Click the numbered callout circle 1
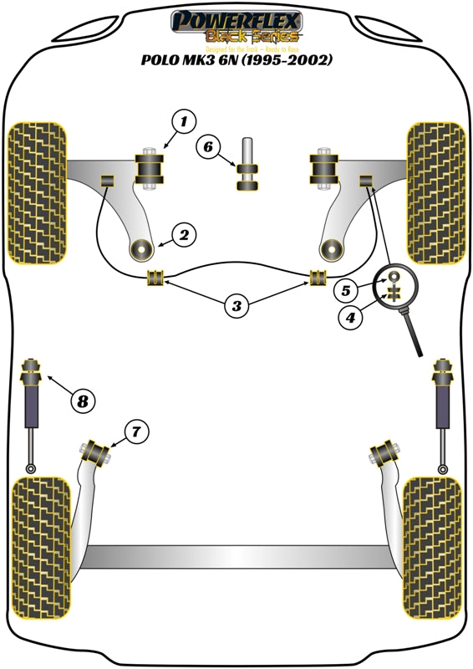tap(183, 122)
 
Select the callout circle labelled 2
tap(184, 235)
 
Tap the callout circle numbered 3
tap(237, 307)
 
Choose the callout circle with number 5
tap(348, 291)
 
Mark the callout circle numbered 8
tap(82, 401)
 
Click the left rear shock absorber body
tap(35, 405)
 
